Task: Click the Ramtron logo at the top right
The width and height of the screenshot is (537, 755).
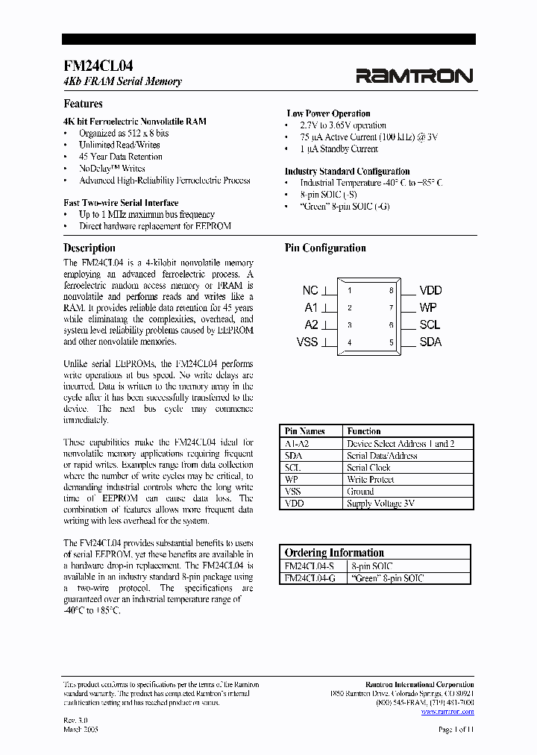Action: click(414, 75)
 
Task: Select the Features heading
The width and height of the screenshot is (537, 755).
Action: click(83, 104)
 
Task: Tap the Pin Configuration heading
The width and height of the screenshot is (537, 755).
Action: click(325, 248)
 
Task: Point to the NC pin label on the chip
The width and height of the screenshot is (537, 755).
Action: click(310, 290)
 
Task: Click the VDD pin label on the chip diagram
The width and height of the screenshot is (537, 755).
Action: click(430, 290)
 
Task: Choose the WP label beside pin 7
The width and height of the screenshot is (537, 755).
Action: click(428, 307)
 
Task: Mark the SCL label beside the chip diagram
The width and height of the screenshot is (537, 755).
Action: click(430, 325)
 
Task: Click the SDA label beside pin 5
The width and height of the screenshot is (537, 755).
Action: click(430, 342)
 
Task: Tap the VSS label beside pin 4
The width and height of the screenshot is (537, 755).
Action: click(307, 342)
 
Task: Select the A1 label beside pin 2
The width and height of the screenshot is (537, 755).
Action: click(311, 307)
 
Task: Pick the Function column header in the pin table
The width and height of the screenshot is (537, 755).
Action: click(364, 431)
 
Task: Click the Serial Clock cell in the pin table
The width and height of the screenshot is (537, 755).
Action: click(368, 468)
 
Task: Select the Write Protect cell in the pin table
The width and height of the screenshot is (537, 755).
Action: click(368, 480)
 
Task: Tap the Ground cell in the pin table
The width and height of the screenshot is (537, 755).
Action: click(360, 492)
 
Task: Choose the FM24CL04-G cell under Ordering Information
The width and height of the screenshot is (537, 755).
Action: click(310, 578)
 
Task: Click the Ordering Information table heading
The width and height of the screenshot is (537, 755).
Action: click(334, 553)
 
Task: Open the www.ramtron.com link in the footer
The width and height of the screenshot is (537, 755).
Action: click(447, 712)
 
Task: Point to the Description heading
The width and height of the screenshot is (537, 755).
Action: click(89, 248)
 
